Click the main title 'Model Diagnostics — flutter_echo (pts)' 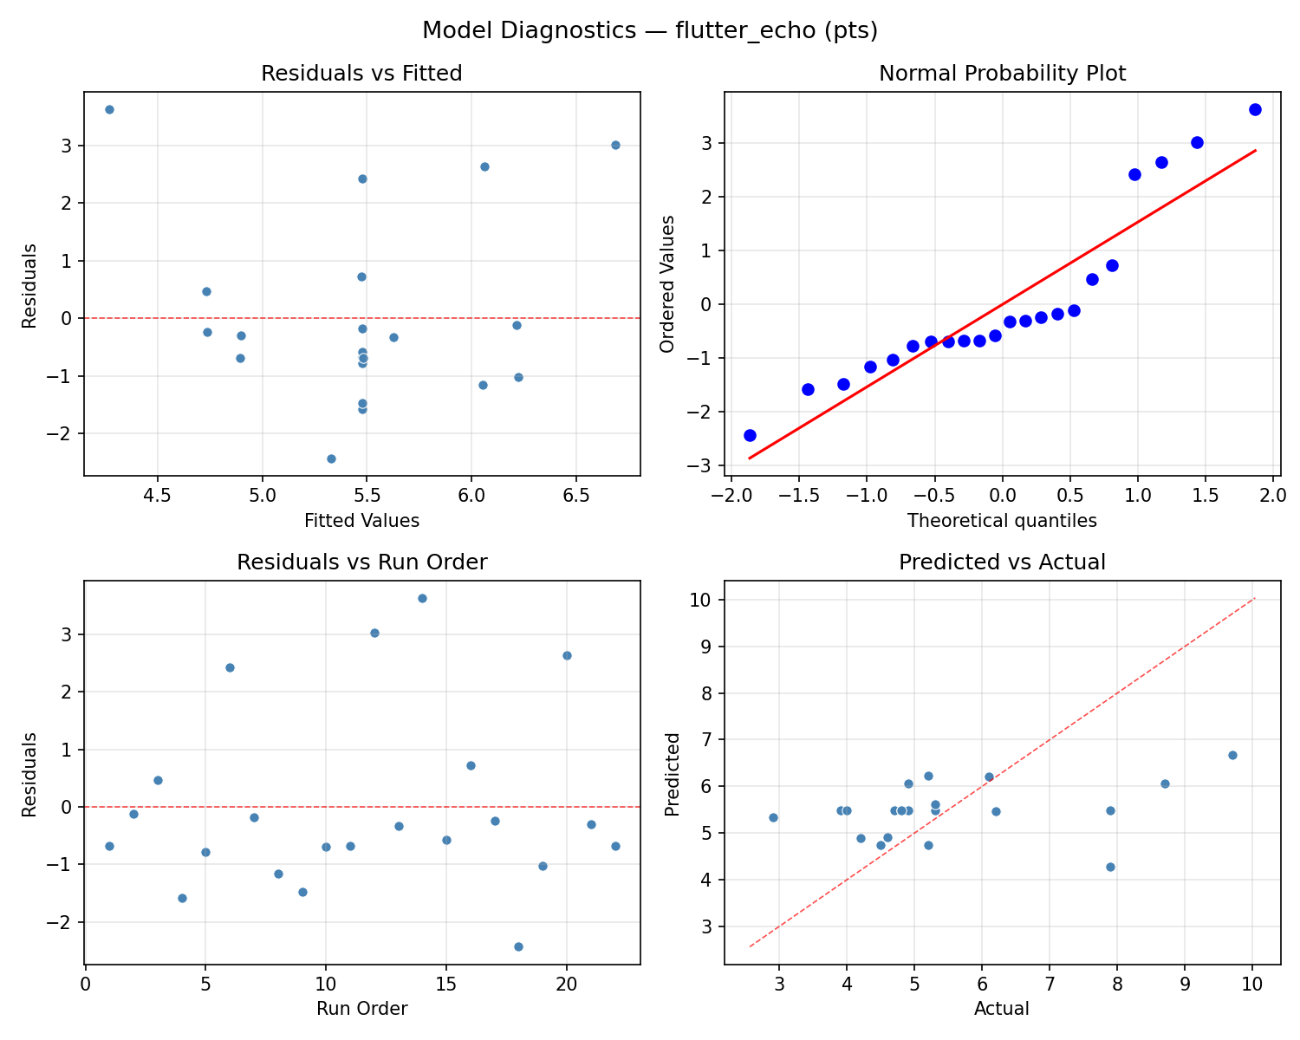click(x=650, y=31)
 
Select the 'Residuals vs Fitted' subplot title click(x=361, y=74)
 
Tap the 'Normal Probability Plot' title click(x=1002, y=74)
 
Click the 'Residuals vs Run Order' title click(x=361, y=562)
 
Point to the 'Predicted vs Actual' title click(x=1002, y=562)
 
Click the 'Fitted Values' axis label click(x=361, y=521)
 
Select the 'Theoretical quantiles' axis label click(x=1002, y=521)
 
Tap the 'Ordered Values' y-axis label click(x=666, y=283)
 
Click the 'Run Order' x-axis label click(x=361, y=1009)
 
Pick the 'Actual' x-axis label click(x=1002, y=1009)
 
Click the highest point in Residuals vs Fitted click(x=109, y=109)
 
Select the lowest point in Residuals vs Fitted click(x=331, y=458)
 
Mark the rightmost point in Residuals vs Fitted click(x=615, y=145)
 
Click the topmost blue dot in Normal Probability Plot click(x=1255, y=109)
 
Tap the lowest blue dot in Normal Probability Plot click(x=750, y=435)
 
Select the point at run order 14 click(x=422, y=598)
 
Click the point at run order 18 click(x=518, y=946)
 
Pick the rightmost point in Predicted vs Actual click(x=1232, y=755)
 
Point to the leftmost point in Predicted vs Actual click(x=773, y=817)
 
